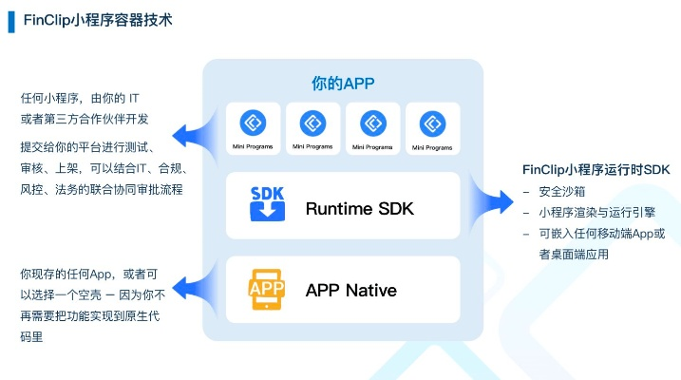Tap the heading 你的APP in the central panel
(x=343, y=84)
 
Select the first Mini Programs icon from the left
(x=254, y=123)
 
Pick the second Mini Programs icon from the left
(x=313, y=123)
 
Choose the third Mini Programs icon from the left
(x=373, y=123)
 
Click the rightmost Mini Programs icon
(x=433, y=123)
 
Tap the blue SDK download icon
(x=267, y=204)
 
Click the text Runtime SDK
(x=360, y=208)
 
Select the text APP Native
(x=350, y=290)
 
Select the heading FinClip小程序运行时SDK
(x=596, y=169)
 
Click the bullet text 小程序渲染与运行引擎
(x=590, y=213)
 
